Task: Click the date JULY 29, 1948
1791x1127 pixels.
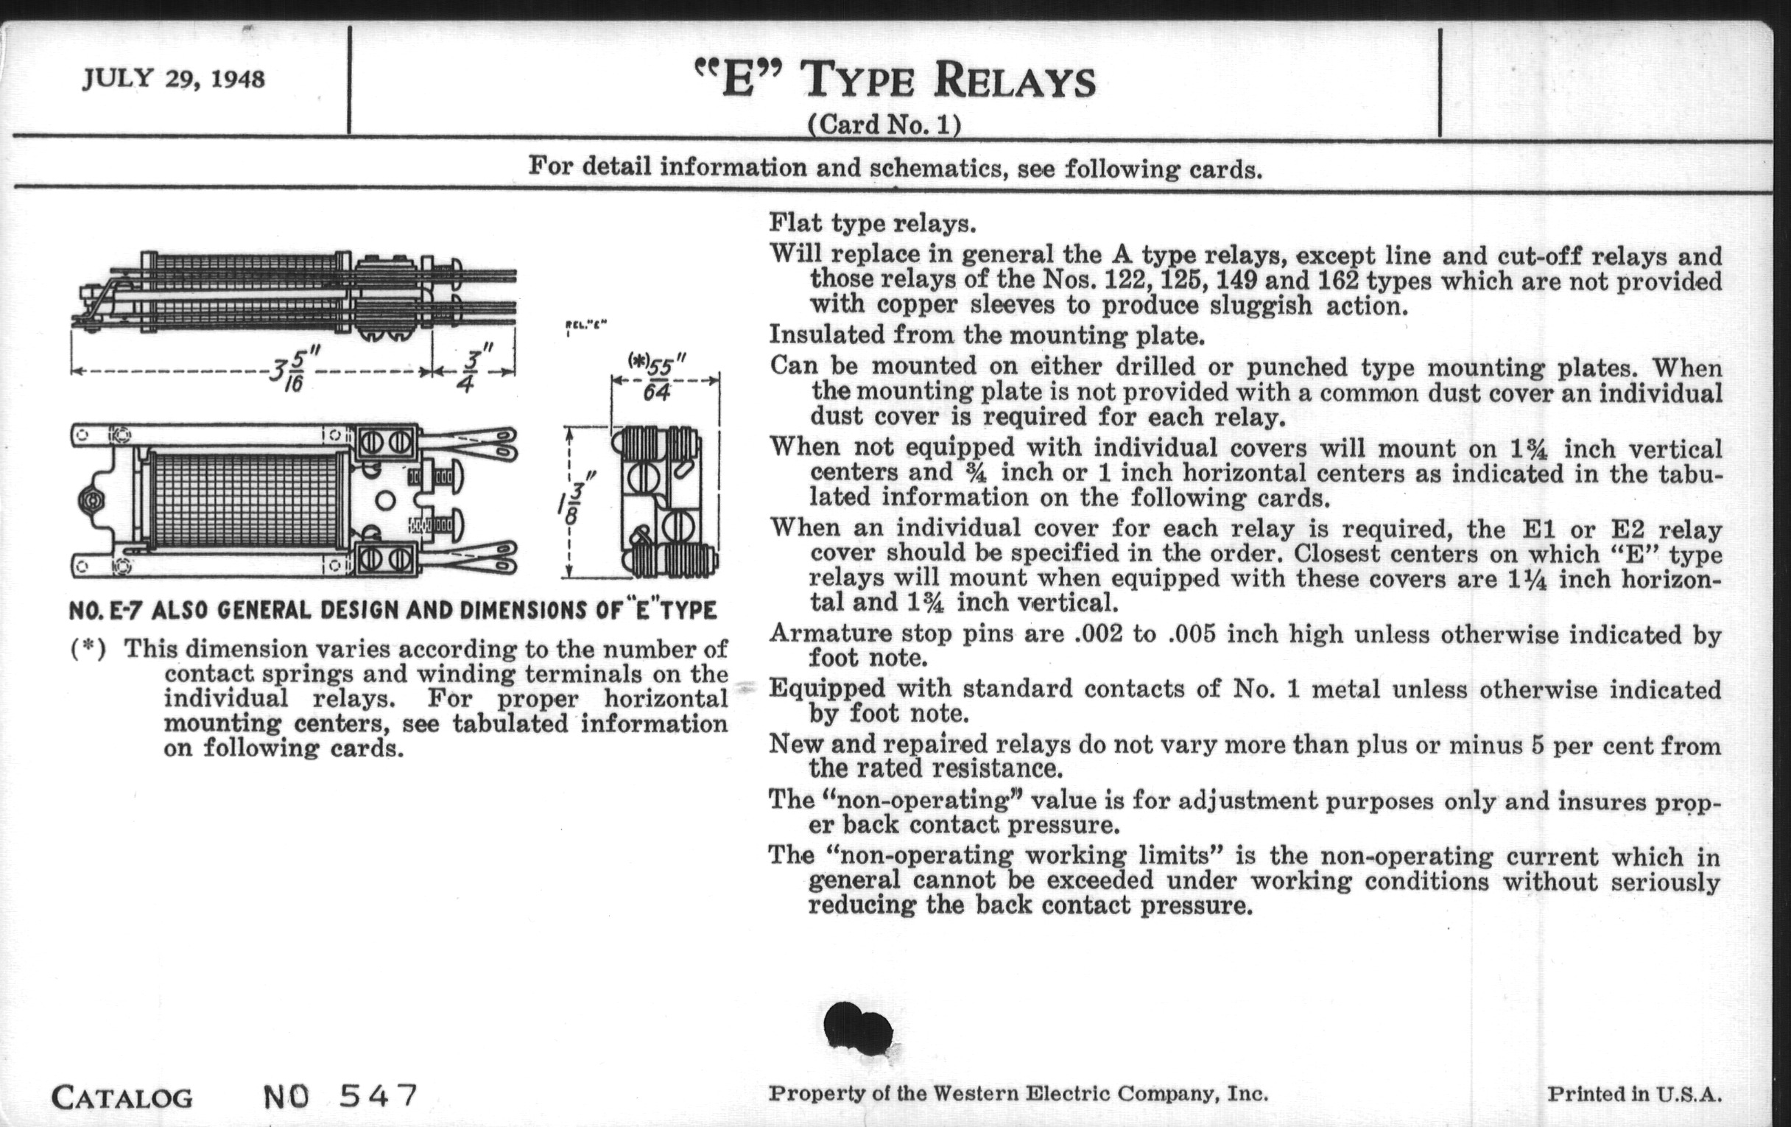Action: coord(173,79)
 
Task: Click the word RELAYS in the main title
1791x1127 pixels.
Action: coord(1015,82)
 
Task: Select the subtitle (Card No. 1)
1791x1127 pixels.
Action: coord(884,124)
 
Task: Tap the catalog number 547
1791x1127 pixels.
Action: coord(379,1096)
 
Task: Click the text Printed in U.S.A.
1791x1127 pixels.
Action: coord(1635,1095)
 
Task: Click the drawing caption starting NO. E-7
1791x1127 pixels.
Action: coord(393,611)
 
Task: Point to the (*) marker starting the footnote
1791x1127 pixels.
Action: coord(88,650)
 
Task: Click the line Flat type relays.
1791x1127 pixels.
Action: coord(872,223)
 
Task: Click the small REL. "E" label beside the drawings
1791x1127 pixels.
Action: coord(586,324)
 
